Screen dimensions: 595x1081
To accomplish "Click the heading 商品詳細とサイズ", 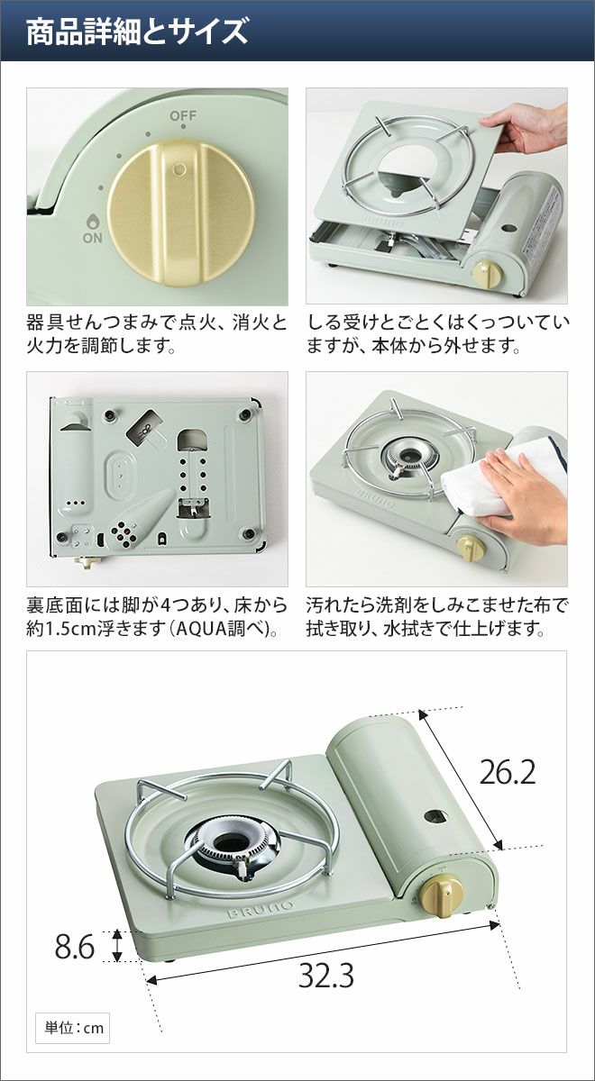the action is click(x=137, y=32).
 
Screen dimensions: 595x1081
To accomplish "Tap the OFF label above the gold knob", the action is click(x=183, y=116).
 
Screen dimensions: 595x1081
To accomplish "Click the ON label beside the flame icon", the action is click(x=92, y=238).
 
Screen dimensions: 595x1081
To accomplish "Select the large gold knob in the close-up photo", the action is click(x=181, y=213).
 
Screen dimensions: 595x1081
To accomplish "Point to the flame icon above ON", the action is click(x=92, y=222).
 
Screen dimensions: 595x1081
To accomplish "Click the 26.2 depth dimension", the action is click(x=508, y=773).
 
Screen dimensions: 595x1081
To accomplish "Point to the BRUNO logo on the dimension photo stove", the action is click(x=260, y=909).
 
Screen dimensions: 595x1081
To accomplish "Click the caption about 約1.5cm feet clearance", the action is click(x=157, y=617).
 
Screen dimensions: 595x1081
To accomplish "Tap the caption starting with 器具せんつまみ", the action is click(x=157, y=333).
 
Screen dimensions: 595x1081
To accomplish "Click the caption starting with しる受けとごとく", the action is click(x=437, y=333).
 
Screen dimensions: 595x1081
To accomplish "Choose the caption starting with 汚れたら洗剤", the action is click(x=437, y=617).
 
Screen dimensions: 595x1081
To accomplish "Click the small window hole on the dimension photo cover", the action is click(x=435, y=816).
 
